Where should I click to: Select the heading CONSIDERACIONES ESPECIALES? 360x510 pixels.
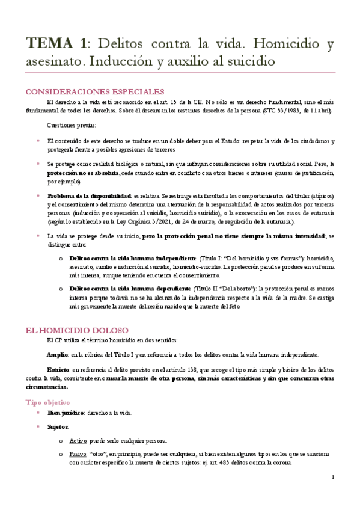[x=94, y=91]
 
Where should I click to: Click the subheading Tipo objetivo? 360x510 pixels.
[x=47, y=402]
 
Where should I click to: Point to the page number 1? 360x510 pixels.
[x=332, y=477]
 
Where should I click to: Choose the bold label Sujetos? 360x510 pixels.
[x=58, y=426]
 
